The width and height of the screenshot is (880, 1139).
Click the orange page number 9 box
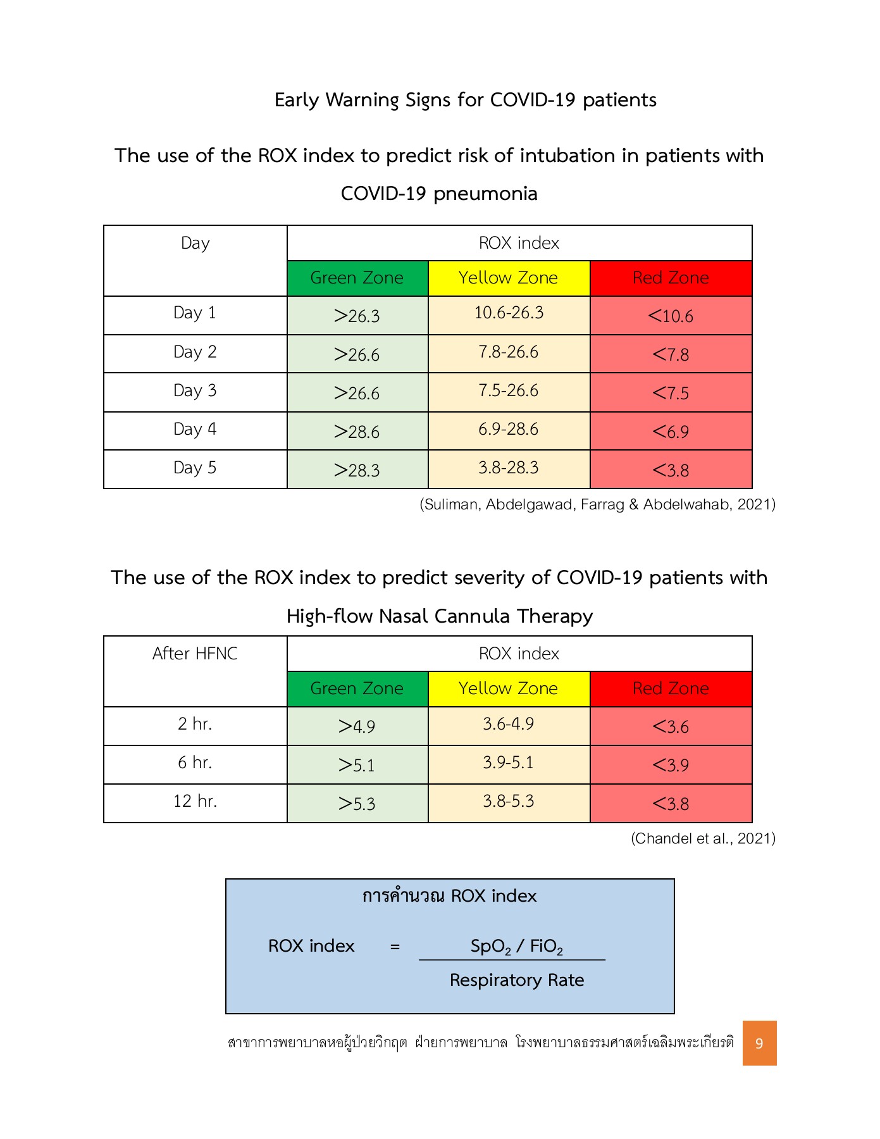point(759,1043)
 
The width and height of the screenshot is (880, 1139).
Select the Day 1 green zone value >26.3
point(357,316)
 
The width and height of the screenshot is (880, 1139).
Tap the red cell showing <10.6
point(671,316)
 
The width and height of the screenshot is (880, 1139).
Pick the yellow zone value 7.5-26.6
point(509,391)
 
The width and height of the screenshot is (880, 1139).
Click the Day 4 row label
point(195,430)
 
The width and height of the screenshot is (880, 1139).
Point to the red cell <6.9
point(671,432)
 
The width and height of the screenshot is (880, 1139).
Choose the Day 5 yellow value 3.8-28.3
point(509,468)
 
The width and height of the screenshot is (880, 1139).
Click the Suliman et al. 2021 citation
point(597,504)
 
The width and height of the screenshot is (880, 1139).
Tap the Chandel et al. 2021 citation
point(703,838)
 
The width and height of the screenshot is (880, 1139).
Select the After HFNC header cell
point(195,654)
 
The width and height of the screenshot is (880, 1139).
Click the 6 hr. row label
point(195,762)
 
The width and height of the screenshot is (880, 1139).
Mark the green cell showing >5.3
point(357,804)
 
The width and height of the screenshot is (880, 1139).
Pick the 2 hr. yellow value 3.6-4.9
point(509,724)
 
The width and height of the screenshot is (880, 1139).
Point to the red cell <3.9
point(671,765)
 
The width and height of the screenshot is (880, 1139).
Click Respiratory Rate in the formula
point(517,980)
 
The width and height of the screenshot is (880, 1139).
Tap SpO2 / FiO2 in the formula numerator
point(516,947)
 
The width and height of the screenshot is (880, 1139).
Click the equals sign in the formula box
point(395,947)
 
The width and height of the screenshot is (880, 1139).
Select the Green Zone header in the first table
point(357,278)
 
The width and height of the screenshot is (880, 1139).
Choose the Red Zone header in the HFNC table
point(671,688)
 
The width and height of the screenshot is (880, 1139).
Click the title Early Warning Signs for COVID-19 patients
point(466,100)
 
